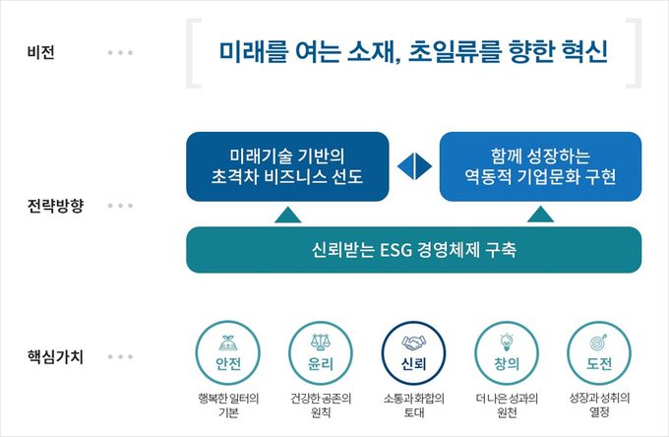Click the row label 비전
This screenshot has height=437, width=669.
40,51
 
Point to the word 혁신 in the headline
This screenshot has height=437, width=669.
579,51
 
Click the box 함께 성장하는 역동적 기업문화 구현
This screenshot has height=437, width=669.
540,165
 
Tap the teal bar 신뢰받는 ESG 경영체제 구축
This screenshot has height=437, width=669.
413,250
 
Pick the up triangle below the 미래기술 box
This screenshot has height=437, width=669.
287,214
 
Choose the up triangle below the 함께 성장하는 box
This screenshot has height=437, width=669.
540,214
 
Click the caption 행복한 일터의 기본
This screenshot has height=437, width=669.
227,406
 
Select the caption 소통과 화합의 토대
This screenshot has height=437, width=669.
413,406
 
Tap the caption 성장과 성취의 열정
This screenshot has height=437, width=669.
599,406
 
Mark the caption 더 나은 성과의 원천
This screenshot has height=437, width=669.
506,406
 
